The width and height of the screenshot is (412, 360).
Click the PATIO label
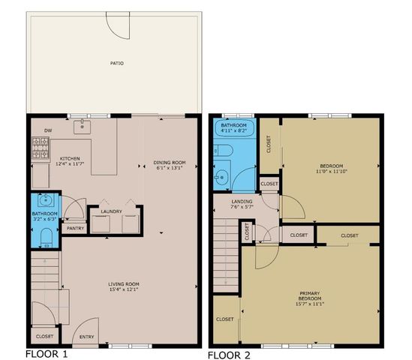(x=116, y=63)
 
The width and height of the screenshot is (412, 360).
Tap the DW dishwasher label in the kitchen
(x=47, y=129)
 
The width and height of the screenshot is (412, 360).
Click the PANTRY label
(x=74, y=228)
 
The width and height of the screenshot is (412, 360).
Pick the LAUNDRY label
(x=111, y=211)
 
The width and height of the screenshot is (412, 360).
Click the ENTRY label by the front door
(x=86, y=337)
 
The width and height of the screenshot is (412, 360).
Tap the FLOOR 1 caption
(x=47, y=352)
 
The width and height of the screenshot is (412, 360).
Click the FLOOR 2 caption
(x=230, y=352)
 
